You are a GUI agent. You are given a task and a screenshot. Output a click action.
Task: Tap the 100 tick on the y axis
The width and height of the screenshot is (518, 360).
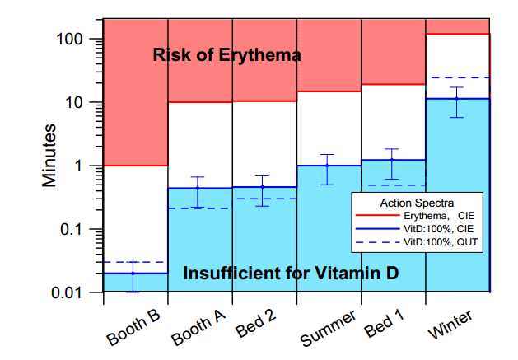(78, 40)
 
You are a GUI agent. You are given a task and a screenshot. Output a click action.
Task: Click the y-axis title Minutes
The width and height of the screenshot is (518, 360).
(51, 156)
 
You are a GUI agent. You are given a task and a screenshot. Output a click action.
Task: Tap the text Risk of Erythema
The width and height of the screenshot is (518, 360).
(226, 56)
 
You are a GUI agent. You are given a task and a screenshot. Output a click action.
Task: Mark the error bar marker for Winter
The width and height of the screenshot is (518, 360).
(458, 100)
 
